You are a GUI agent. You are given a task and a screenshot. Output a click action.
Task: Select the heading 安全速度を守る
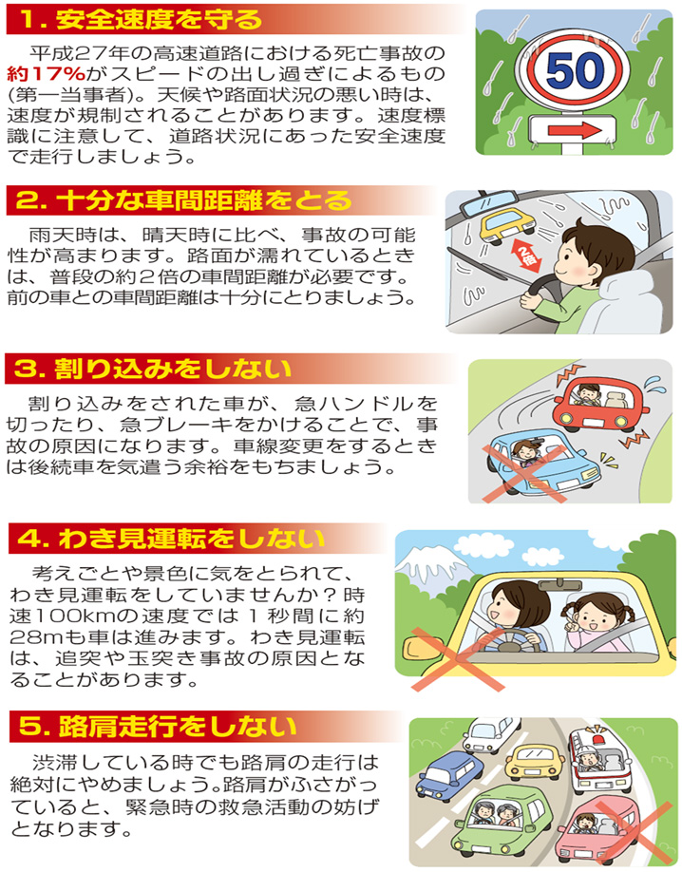(x=152, y=18)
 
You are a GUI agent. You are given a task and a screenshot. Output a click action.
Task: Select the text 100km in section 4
(x=94, y=615)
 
